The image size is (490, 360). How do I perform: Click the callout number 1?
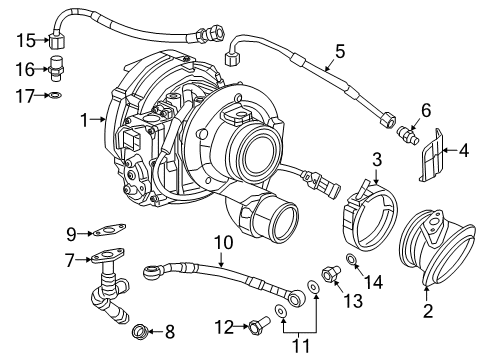point(85,120)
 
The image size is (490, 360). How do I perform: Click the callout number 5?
point(340,49)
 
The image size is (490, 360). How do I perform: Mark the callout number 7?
point(69,260)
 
